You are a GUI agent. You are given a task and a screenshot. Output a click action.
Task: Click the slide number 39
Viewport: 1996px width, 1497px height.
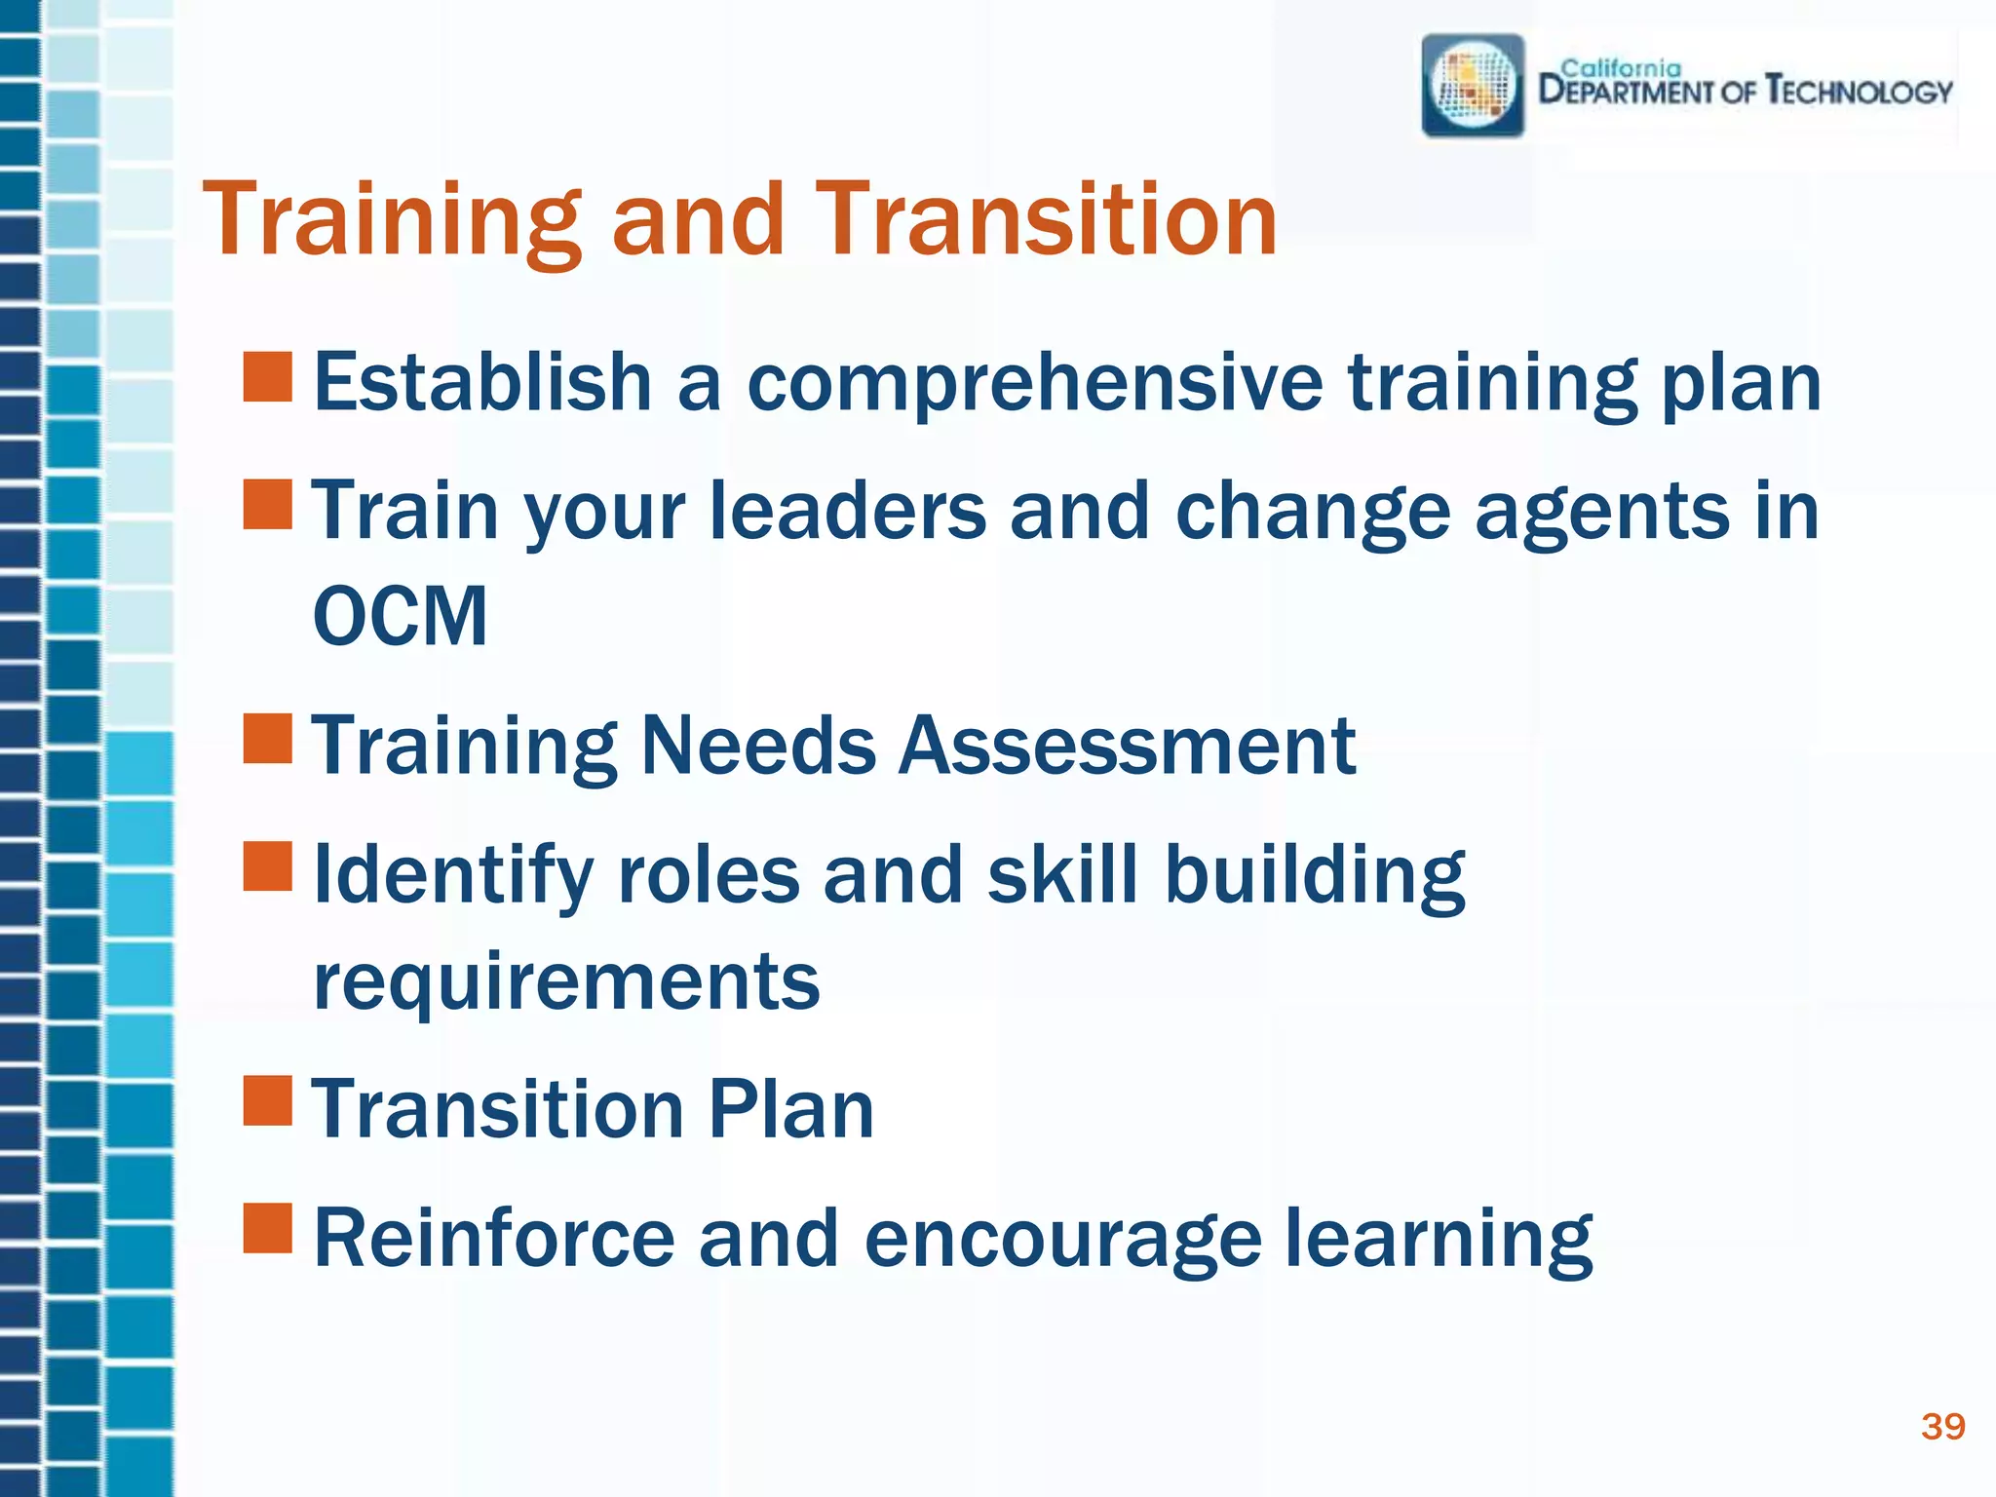tap(1942, 1427)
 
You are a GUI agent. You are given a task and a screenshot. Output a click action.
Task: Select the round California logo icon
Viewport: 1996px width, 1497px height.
tap(1473, 86)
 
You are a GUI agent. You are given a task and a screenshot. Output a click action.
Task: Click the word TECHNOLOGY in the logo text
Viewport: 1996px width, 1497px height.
tap(1860, 93)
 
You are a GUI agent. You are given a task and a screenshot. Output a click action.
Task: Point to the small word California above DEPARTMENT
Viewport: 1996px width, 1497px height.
tap(1621, 68)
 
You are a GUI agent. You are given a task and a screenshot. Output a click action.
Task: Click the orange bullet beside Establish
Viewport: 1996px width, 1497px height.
tap(268, 378)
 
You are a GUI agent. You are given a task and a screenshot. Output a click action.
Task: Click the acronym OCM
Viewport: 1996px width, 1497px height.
tap(400, 616)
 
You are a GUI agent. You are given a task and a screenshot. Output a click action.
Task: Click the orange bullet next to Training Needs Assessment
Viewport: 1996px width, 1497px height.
tap(268, 739)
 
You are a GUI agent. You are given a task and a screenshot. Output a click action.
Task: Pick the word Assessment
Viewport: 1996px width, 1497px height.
tap(1126, 746)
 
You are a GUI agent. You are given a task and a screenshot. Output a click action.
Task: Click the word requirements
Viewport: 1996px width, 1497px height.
tap(566, 980)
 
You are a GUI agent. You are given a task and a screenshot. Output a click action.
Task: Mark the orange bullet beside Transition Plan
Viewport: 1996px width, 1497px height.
tap(268, 1101)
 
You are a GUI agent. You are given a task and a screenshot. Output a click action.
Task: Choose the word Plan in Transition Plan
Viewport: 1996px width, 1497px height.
tap(790, 1109)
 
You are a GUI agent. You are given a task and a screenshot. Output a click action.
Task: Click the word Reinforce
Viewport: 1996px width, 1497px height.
tap(494, 1238)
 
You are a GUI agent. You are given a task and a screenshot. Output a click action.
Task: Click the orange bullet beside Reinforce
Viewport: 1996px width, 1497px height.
tap(268, 1228)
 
